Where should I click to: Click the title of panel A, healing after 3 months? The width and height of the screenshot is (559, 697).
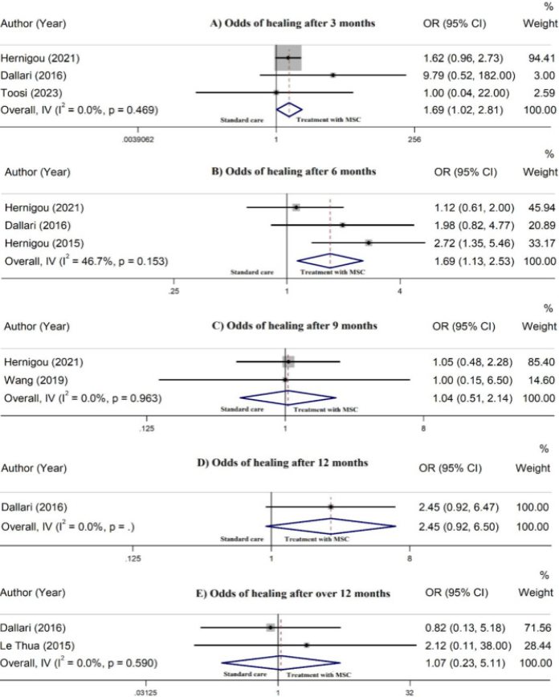click(292, 22)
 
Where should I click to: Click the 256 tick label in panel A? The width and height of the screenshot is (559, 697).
click(415, 139)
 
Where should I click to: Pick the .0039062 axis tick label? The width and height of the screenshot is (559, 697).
click(139, 139)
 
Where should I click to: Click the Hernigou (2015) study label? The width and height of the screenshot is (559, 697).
click(44, 242)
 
